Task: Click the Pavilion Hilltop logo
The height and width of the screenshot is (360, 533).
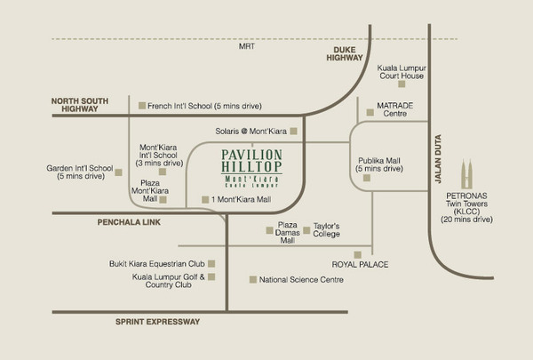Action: pos(252,168)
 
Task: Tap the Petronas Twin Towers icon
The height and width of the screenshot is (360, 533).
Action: pos(466,173)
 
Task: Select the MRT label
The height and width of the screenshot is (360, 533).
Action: pos(246,46)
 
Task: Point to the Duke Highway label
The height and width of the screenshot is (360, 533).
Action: pos(345,53)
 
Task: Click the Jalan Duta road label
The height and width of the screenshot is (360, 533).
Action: pos(438,159)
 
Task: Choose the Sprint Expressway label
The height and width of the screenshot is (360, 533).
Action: pos(157,322)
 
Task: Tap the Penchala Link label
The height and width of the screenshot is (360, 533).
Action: pos(129,222)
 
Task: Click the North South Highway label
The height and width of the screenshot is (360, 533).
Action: pos(80,105)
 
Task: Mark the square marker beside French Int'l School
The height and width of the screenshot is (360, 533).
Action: pos(142,106)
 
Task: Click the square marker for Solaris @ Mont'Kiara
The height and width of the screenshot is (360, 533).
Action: pos(294,131)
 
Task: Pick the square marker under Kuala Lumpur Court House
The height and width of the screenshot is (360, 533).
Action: pos(402,84)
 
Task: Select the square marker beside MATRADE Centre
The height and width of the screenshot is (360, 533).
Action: pos(370,112)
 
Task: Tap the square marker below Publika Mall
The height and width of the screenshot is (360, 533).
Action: pos(367,178)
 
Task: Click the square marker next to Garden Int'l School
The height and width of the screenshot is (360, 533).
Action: pos(119,172)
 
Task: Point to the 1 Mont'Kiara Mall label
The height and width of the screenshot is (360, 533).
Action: pos(241,199)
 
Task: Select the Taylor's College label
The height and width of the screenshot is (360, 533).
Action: pos(326,230)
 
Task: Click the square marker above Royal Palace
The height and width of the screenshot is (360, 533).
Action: pos(358,255)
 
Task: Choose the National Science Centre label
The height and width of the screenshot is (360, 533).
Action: pos(301,280)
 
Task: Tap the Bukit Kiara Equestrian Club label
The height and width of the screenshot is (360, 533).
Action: pos(156,264)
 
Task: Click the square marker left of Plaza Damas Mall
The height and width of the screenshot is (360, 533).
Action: pos(269,230)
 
